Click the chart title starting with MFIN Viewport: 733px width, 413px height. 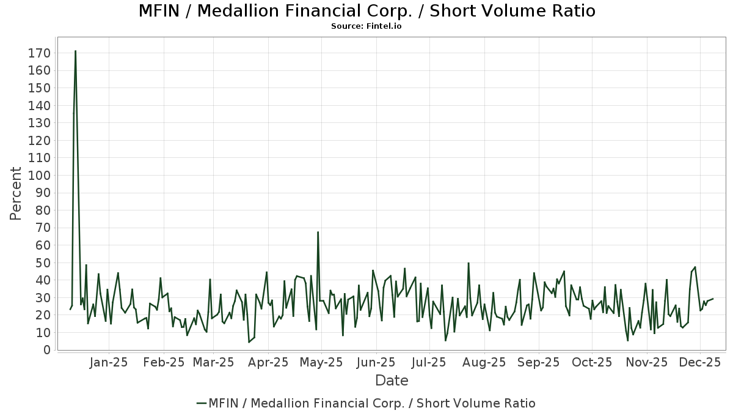[366, 11]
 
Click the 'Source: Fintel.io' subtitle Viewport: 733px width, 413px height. [366, 26]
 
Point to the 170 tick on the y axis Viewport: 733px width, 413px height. [38, 53]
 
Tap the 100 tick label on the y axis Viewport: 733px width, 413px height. [38, 176]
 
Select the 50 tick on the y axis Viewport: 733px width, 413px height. [42, 263]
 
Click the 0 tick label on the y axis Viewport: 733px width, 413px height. [46, 351]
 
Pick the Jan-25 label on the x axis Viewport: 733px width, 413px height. [109, 362]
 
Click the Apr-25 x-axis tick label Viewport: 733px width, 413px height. [268, 362]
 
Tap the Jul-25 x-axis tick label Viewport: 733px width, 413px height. [428, 362]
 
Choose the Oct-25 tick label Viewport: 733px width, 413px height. [591, 362]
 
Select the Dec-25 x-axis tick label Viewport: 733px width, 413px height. [700, 362]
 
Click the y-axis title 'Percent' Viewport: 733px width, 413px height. [16, 194]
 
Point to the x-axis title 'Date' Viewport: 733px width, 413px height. [392, 381]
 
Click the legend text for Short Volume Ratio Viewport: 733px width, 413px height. [372, 403]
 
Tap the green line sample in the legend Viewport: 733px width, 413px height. [202, 403]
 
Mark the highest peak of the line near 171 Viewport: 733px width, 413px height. [75, 51]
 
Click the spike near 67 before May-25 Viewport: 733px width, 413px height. [318, 232]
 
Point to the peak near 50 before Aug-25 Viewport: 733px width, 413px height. [469, 263]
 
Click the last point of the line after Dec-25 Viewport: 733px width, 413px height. [713, 299]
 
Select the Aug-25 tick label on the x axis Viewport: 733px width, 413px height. [484, 362]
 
